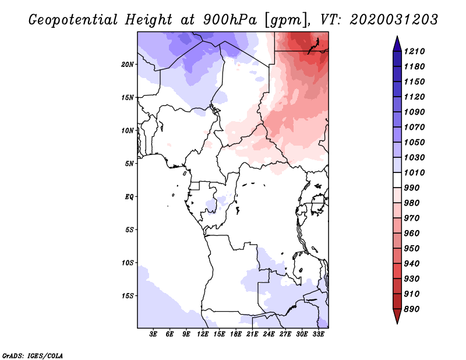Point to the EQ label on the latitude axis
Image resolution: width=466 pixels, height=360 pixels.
point(129,197)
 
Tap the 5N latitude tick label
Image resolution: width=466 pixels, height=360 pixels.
point(130,164)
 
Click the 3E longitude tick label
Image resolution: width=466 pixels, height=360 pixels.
point(154,334)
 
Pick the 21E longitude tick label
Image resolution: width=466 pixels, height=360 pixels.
point(252,334)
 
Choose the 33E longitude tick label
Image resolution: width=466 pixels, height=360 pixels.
point(318,334)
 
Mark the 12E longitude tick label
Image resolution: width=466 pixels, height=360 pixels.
point(203,334)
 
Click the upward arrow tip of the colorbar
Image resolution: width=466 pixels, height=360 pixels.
point(396,37)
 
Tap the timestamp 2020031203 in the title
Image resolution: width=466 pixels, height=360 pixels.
point(394,20)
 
